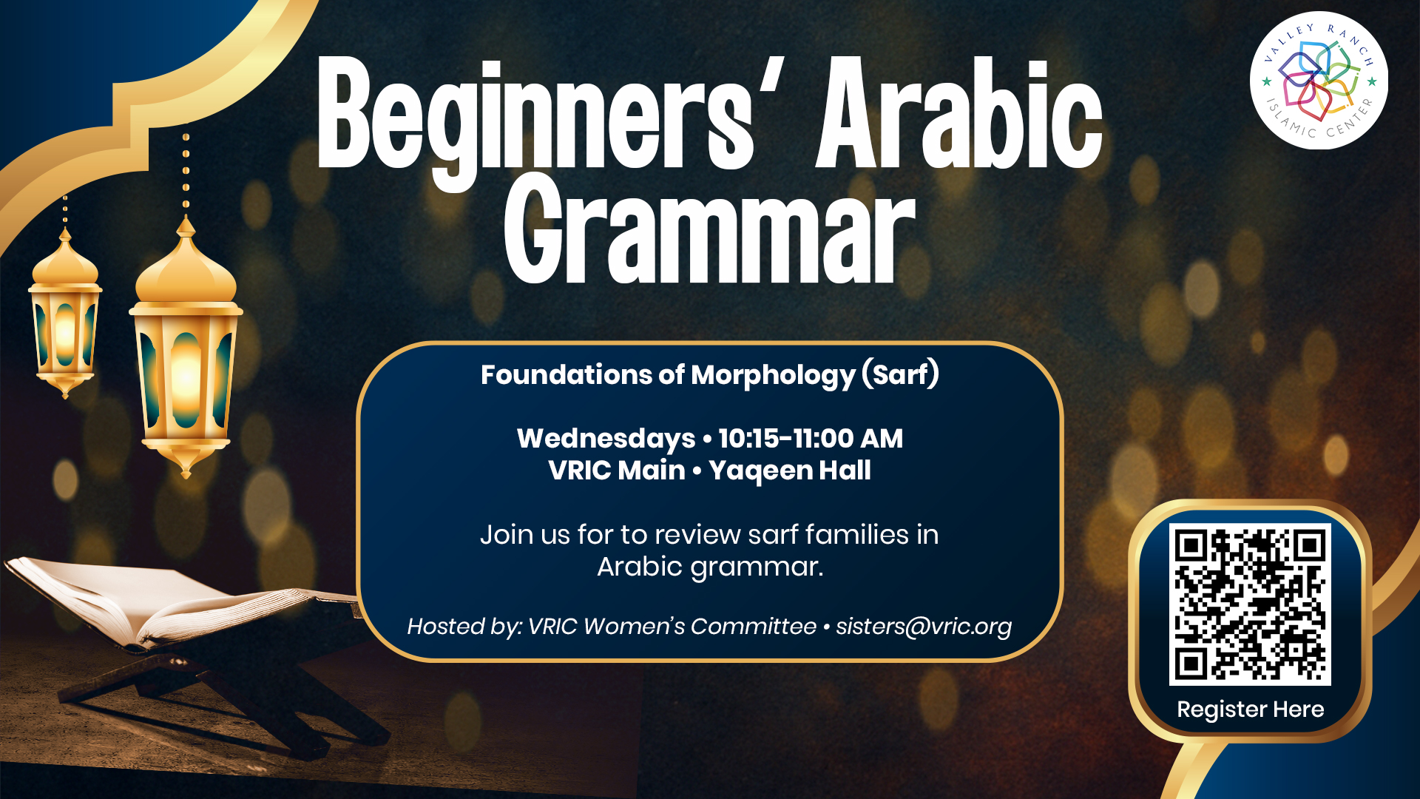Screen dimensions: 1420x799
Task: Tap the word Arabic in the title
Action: coord(959,112)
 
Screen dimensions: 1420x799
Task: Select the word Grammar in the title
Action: coord(710,229)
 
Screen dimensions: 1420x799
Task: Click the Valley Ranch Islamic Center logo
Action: coord(1319,80)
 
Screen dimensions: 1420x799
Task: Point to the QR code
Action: coord(1250,604)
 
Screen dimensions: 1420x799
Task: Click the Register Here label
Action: coord(1251,709)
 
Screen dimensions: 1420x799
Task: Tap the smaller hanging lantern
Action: coord(65,314)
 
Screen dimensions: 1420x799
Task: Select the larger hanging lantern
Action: coord(186,348)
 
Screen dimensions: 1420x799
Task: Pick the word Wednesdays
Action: coord(606,439)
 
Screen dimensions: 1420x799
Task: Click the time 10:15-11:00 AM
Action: coord(811,439)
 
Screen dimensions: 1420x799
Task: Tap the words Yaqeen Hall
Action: coord(790,471)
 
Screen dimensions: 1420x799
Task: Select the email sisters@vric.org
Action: coord(924,627)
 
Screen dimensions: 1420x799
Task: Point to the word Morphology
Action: coord(773,376)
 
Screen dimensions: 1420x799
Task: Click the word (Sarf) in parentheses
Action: coord(901,374)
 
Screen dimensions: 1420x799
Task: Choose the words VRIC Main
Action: coord(617,471)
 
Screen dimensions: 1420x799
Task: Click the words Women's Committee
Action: coord(700,627)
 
